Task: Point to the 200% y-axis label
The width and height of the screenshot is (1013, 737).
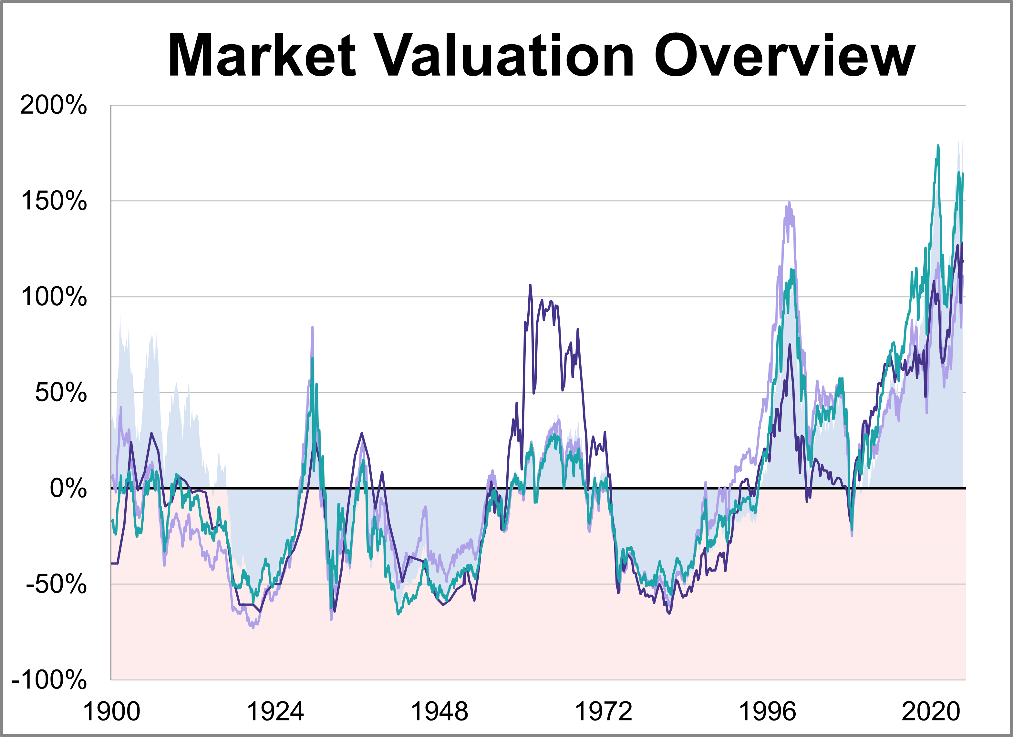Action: [x=54, y=106]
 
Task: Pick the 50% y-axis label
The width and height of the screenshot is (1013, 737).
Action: [x=61, y=393]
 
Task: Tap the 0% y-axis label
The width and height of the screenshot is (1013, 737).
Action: [x=68, y=489]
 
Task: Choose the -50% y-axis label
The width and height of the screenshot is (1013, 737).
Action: [x=56, y=584]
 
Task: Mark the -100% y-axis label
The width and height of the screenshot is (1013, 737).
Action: [x=49, y=680]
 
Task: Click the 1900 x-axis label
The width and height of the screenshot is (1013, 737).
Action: [x=112, y=711]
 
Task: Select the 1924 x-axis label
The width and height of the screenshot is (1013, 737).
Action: [x=275, y=711]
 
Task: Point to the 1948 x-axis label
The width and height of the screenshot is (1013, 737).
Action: [x=439, y=711]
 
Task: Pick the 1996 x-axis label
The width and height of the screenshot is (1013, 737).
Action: [x=767, y=711]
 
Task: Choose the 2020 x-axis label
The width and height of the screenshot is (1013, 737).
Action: [x=931, y=711]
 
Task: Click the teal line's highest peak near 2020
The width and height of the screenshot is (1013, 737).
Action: [x=937, y=146]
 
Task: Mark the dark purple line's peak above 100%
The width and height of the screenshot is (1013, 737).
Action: [x=530, y=285]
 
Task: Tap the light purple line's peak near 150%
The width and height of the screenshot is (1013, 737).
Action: [x=789, y=203]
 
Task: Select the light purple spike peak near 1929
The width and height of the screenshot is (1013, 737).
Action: [x=312, y=327]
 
